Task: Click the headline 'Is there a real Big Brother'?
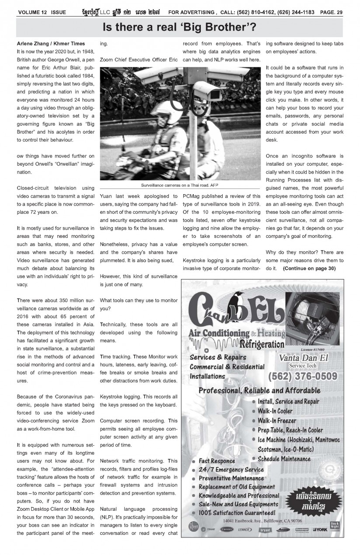click(x=179, y=28)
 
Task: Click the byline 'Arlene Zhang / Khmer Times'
click(x=51, y=44)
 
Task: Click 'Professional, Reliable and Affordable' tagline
click(x=259, y=390)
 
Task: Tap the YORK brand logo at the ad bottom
click(x=320, y=530)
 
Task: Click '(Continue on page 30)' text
click(x=309, y=268)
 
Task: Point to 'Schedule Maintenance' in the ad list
click(x=284, y=459)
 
